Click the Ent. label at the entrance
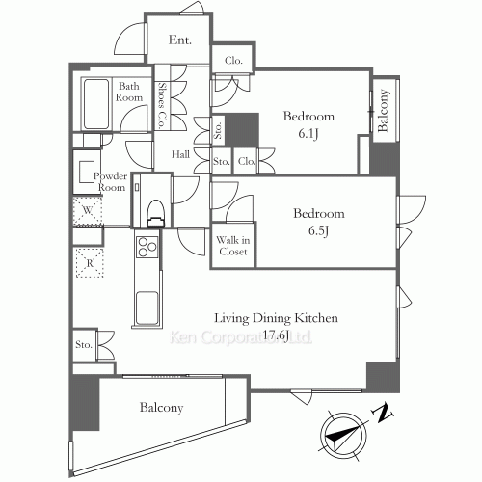click(x=180, y=40)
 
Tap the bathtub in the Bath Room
click(x=96, y=104)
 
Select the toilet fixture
click(x=155, y=213)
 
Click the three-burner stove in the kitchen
click(x=147, y=247)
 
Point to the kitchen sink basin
click(x=147, y=308)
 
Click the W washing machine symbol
click(x=88, y=211)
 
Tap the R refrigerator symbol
click(x=90, y=263)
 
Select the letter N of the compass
click(x=383, y=414)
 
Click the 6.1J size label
click(x=308, y=134)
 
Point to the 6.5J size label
click(x=318, y=230)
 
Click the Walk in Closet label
click(x=233, y=246)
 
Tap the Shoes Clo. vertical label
click(x=162, y=105)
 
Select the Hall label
click(x=180, y=154)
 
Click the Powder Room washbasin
click(x=87, y=173)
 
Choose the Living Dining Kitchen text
click(x=276, y=318)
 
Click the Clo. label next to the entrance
click(x=233, y=61)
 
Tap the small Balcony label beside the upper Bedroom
click(x=383, y=111)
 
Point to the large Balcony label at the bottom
click(x=161, y=408)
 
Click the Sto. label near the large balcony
click(x=84, y=345)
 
